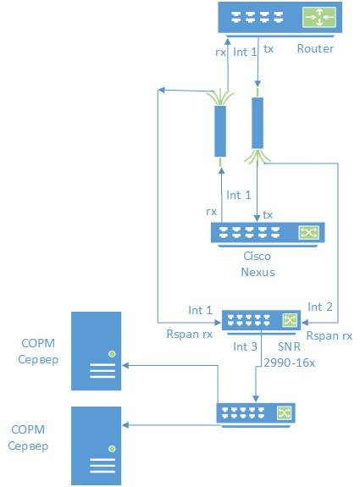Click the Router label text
pyautogui.click(x=315, y=48)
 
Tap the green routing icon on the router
pyautogui.click(x=319, y=17)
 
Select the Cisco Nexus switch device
pyautogui.click(x=268, y=234)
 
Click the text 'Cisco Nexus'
pyautogui.click(x=258, y=264)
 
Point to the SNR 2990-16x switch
pyautogui.click(x=261, y=322)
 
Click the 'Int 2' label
pyautogui.click(x=320, y=307)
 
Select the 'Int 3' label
pyautogui.click(x=245, y=346)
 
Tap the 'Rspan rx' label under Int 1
pyautogui.click(x=190, y=334)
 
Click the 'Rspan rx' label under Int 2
pyautogui.click(x=330, y=335)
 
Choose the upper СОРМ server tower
pyautogui.click(x=96, y=351)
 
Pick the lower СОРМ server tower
pyautogui.click(x=96, y=446)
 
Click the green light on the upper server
pyautogui.click(x=112, y=354)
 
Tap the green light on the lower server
pyautogui.click(x=112, y=449)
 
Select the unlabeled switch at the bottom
pyautogui.click(x=256, y=415)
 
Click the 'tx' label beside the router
pyautogui.click(x=269, y=49)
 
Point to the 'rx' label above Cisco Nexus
pyautogui.click(x=211, y=212)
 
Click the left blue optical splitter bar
pyautogui.click(x=220, y=131)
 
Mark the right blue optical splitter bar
pyautogui.click(x=258, y=123)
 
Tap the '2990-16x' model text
pyautogui.click(x=290, y=362)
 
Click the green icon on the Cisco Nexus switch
pyautogui.click(x=308, y=232)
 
